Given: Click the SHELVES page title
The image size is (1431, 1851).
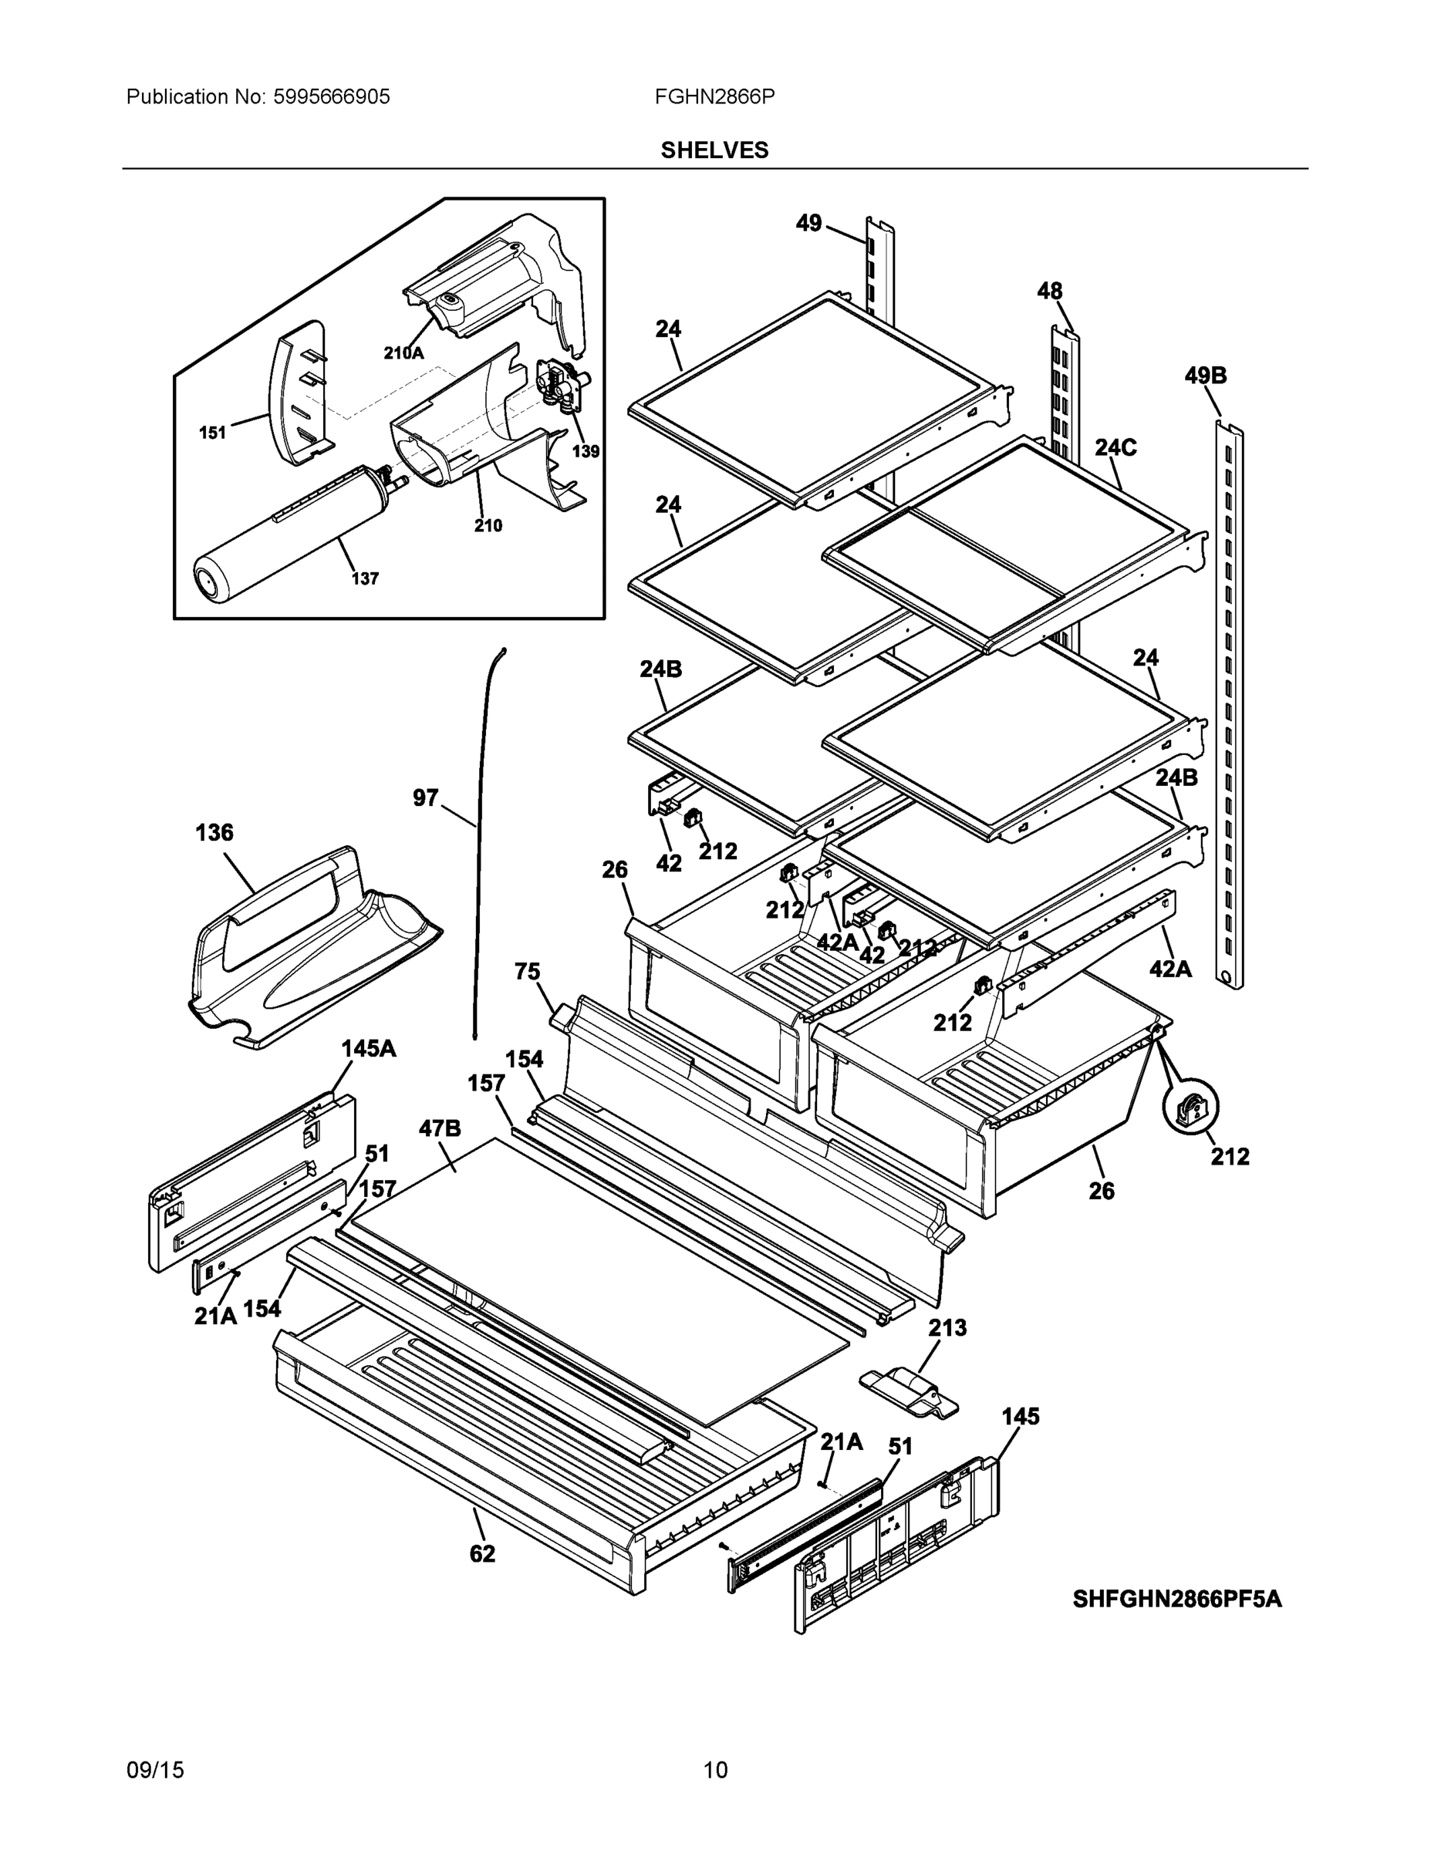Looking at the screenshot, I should coord(714,150).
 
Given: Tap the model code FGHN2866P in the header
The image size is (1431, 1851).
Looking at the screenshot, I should coord(714,96).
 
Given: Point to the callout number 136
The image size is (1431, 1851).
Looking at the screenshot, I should coord(214,832).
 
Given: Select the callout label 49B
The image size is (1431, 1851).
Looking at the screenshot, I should coord(1205,376).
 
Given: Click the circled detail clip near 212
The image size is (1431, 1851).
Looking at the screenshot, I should coord(1191,1106).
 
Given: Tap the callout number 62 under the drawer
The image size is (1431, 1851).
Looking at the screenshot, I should coord(481,1553).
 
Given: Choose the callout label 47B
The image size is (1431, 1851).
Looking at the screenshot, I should coord(439,1128).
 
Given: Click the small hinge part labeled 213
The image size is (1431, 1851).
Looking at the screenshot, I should coord(909,1392).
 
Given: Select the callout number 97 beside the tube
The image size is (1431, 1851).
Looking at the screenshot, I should coord(426,797).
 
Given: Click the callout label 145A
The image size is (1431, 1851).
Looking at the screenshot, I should coord(368,1048).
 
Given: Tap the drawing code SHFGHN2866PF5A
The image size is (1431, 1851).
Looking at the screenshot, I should coord(1176,1600).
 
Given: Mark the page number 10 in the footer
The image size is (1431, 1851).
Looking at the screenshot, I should coord(714,1771).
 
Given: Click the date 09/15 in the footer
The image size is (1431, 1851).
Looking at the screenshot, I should coord(155,1771).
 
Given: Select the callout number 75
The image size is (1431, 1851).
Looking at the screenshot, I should coord(528,971).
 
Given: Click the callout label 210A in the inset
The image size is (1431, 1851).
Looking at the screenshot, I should coord(403,352).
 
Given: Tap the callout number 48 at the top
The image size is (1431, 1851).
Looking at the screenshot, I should coord(1048,291).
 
